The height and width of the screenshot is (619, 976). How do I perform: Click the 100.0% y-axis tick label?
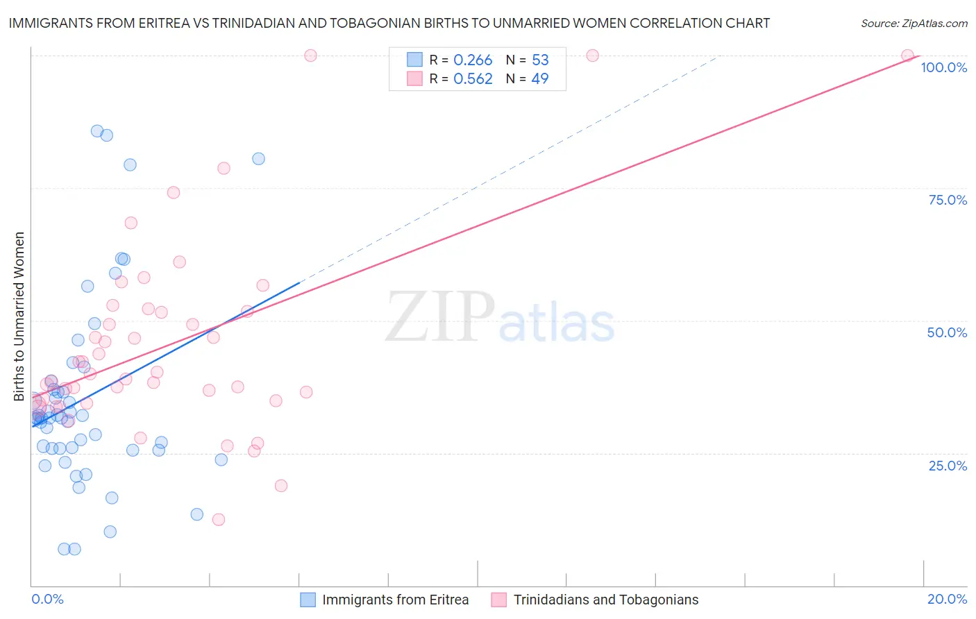point(943,67)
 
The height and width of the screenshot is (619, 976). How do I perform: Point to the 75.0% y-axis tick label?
point(948,200)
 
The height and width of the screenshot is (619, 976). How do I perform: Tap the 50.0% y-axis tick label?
point(947,332)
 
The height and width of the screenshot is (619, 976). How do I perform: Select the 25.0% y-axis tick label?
point(948,466)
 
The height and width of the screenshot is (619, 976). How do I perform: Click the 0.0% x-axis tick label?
point(47,599)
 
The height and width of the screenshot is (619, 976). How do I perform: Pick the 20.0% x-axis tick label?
point(947,599)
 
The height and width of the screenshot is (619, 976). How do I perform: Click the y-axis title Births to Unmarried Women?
point(19,316)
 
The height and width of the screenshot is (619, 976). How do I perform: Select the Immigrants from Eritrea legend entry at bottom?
point(395,600)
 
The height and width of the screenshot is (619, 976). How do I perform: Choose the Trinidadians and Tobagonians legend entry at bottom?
point(605,600)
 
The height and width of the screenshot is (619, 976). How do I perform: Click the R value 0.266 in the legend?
point(473,60)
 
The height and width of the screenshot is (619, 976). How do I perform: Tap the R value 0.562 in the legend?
point(473,79)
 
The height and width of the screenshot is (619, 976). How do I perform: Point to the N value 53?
point(540,60)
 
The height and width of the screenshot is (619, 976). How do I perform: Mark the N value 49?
point(540,79)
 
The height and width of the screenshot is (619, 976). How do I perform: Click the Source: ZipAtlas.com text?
point(914,24)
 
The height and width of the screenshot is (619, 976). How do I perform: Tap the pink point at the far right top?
point(907,56)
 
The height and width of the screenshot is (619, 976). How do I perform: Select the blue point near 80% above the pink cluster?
point(258,158)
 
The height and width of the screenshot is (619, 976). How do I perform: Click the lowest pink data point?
point(219,519)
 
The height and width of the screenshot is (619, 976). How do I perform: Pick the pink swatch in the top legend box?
point(414,78)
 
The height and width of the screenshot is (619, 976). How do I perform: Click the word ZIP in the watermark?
point(440,317)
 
